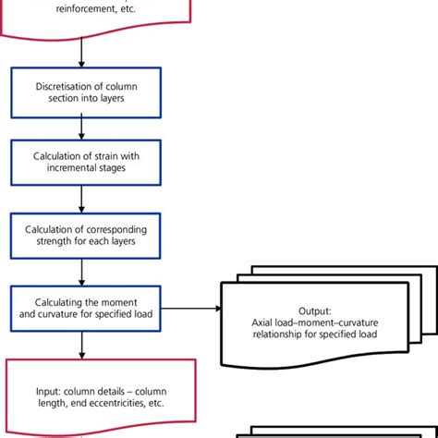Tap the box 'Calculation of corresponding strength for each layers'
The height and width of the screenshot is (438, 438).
coord(82,236)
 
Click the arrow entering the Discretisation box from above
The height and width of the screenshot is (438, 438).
coord(82,54)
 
